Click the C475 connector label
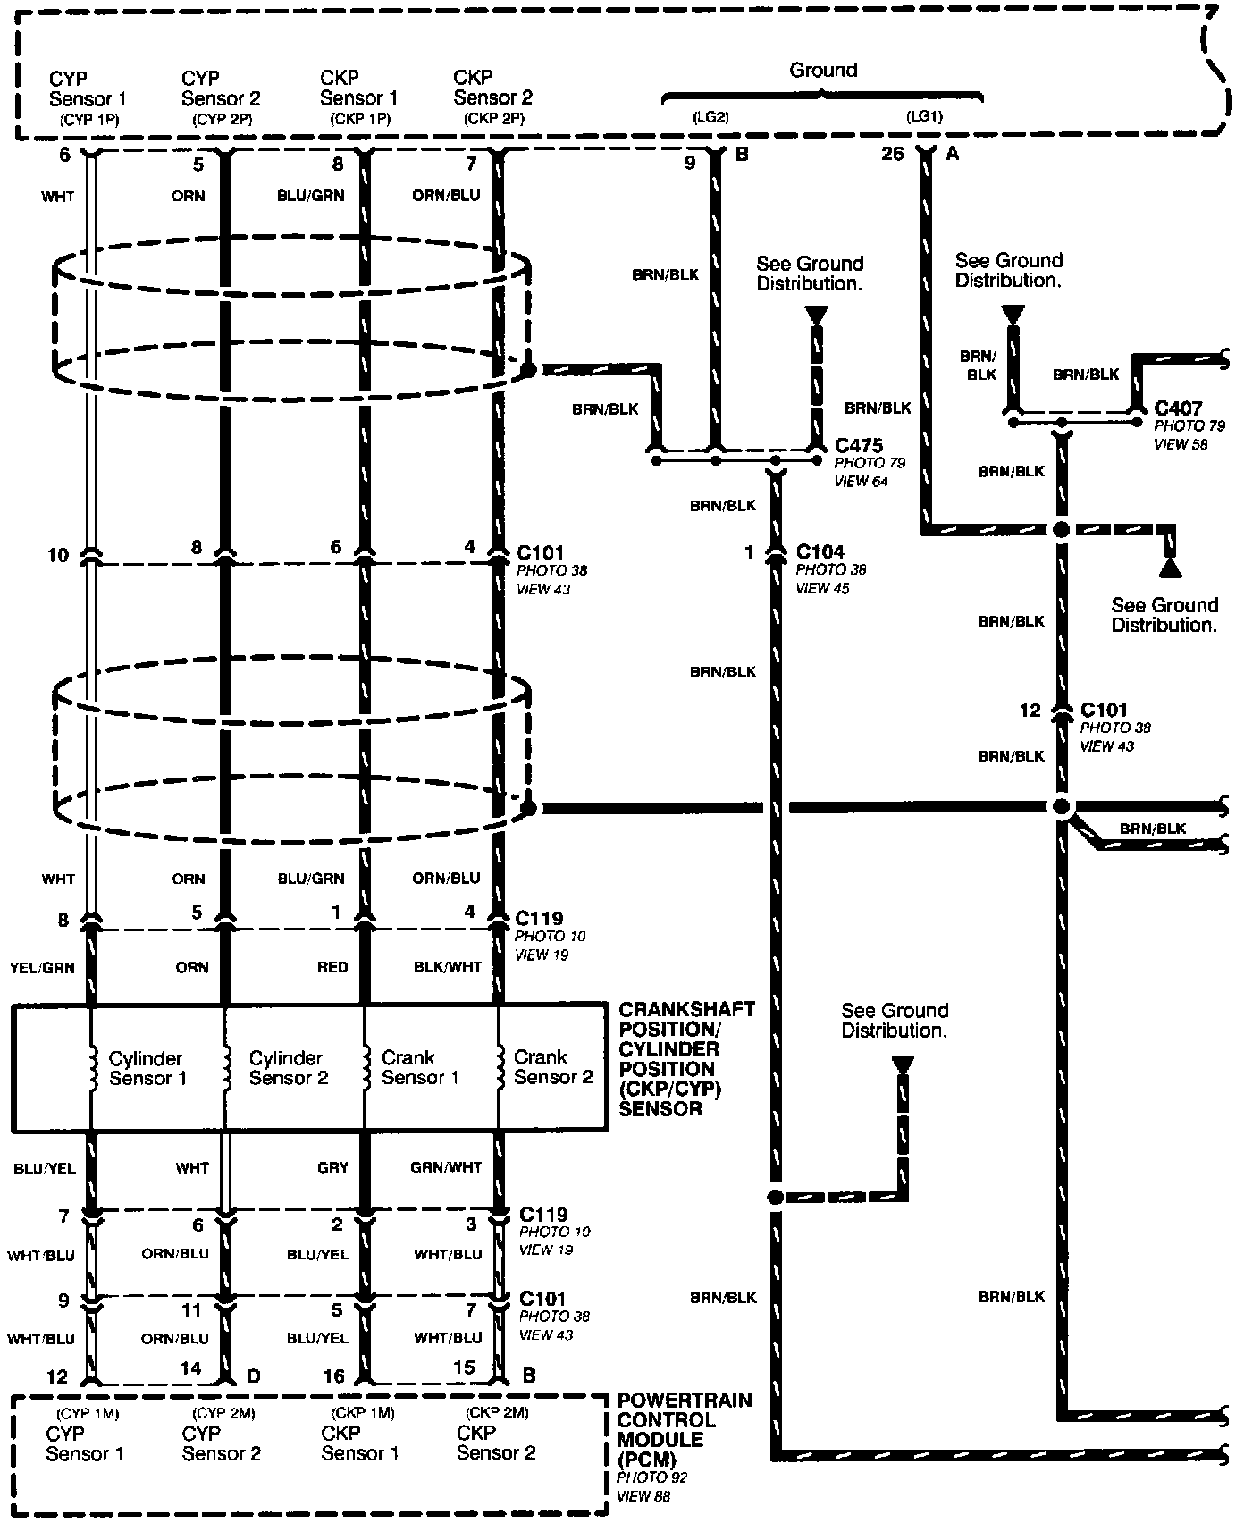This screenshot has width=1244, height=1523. pyautogui.click(x=858, y=445)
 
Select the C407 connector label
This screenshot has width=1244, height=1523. pyautogui.click(x=1178, y=408)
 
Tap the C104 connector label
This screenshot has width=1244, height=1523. pyautogui.click(x=820, y=551)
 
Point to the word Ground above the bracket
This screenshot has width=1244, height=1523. pyautogui.click(x=823, y=71)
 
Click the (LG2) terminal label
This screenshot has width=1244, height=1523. pyautogui.click(x=711, y=117)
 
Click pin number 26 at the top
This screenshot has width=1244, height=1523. pyautogui.click(x=892, y=155)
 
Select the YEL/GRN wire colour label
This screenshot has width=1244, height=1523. pyautogui.click(x=43, y=968)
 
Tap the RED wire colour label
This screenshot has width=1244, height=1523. pyautogui.click(x=332, y=968)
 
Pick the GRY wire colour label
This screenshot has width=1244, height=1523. pyautogui.click(x=332, y=1167)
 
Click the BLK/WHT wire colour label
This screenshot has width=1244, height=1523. pyautogui.click(x=448, y=967)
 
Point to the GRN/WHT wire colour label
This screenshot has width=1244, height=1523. pyautogui.click(x=446, y=1167)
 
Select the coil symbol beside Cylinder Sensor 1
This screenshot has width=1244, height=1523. pyautogui.click(x=92, y=1067)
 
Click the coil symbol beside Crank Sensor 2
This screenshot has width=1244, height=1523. pyautogui.click(x=498, y=1067)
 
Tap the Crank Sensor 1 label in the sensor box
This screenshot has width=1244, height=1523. pyautogui.click(x=420, y=1067)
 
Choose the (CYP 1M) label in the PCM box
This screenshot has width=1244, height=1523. pyautogui.click(x=88, y=1413)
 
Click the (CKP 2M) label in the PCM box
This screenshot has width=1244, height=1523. pyautogui.click(x=497, y=1413)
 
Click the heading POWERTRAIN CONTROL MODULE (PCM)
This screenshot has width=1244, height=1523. pyautogui.click(x=685, y=1429)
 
